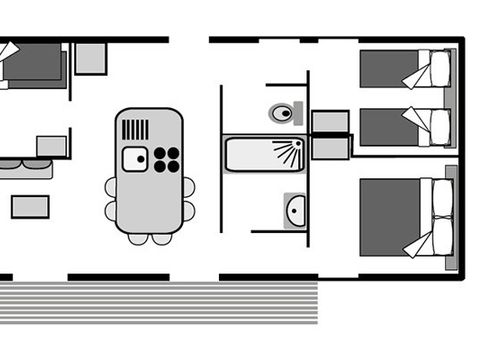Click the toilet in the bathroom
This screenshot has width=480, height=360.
click(284, 113)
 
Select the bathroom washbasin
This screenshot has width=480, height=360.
click(295, 210)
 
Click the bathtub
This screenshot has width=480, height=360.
click(264, 154)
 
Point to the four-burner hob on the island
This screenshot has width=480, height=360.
click(166, 159)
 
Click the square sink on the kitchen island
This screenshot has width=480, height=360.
click(134, 158)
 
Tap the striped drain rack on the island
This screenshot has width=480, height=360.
click(135, 129)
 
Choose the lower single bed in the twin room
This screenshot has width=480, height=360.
click(406, 126)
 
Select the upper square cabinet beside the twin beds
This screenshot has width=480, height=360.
click(330, 122)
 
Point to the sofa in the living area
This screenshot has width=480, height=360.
click(26, 168)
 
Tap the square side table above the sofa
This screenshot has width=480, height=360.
click(50, 146)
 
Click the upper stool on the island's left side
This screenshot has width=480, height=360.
click(111, 187)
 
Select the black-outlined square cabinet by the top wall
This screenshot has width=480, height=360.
click(91, 58)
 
